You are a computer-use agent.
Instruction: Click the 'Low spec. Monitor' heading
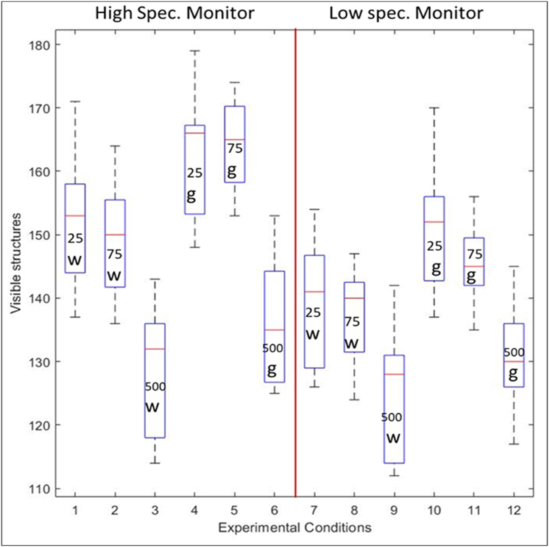pyautogui.click(x=406, y=13)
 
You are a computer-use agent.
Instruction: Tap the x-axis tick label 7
pyautogui.click(x=314, y=511)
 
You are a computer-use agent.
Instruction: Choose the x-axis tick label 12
pyautogui.click(x=514, y=511)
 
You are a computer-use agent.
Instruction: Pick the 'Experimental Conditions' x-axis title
pyautogui.click(x=295, y=528)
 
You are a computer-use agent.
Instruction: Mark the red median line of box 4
pyautogui.click(x=195, y=133)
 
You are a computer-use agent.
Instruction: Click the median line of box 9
pyautogui.click(x=394, y=374)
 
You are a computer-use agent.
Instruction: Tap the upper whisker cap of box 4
pyautogui.click(x=195, y=51)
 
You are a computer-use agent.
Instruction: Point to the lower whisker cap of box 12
pyautogui.click(x=514, y=444)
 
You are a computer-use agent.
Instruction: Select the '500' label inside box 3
pyautogui.click(x=155, y=387)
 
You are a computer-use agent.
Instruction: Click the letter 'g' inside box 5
pyautogui.click(x=232, y=171)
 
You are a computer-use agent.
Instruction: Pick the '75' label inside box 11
pyautogui.click(x=475, y=254)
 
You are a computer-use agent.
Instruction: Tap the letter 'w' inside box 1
pyautogui.click(x=75, y=260)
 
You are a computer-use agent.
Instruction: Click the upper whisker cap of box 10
pyautogui.click(x=434, y=108)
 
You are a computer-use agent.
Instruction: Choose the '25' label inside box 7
pyautogui.click(x=313, y=313)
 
